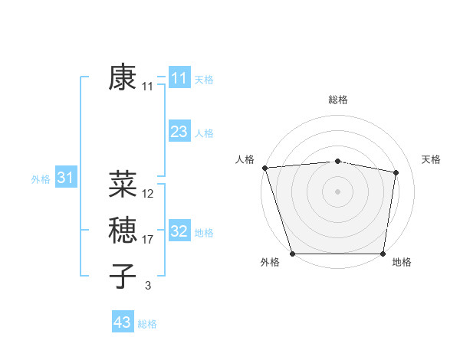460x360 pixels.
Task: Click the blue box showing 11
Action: pos(179,78)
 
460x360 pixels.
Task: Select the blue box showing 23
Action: pos(179,132)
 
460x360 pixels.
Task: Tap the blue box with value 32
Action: pos(179,231)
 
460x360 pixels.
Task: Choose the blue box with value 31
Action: pos(65,178)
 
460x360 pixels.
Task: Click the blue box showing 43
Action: pos(122,322)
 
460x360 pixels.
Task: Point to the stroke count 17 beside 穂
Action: pos(148,240)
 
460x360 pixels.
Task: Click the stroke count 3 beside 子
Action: pos(148,286)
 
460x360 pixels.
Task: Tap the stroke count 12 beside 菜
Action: pos(148,194)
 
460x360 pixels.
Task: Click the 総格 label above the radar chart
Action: pos(337,100)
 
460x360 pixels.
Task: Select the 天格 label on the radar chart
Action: pos(431,159)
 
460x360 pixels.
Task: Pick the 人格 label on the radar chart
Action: pos(245,159)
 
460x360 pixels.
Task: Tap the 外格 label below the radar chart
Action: pos(270,263)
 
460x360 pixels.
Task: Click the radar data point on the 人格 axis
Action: pos(264,168)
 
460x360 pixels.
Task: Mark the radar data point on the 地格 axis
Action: pos(383,254)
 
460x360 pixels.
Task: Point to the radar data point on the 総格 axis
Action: pos(337,161)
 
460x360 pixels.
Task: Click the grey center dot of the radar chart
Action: pos(337,191)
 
